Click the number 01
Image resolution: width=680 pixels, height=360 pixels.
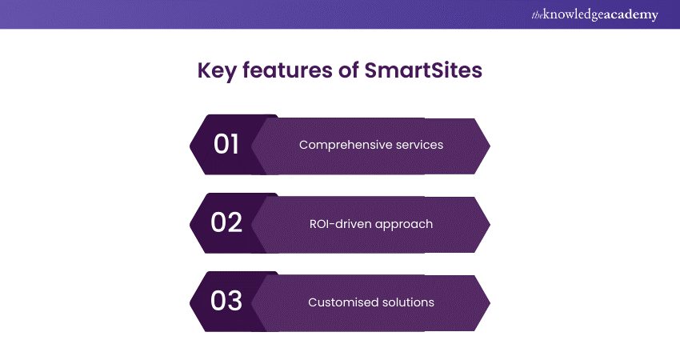click(x=226, y=145)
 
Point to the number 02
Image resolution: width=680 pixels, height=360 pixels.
click(x=226, y=223)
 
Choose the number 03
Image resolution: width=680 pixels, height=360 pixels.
click(x=226, y=302)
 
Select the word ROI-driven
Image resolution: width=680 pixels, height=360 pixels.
click(x=341, y=223)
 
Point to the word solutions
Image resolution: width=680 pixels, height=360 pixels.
click(x=407, y=302)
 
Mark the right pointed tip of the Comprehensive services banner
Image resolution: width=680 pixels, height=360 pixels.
click(x=489, y=145)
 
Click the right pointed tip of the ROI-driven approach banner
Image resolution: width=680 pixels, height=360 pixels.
click(x=489, y=223)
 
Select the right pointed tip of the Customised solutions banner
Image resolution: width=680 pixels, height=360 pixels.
click(x=489, y=302)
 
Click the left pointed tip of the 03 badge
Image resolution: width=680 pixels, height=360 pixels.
click(x=190, y=302)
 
